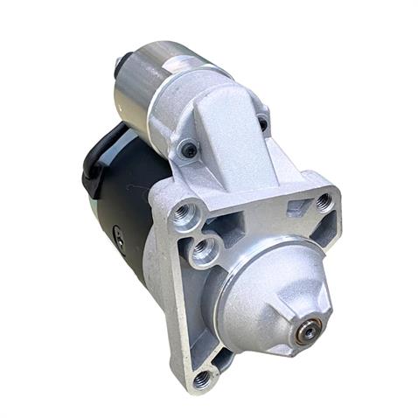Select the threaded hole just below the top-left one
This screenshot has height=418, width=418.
click(203, 250)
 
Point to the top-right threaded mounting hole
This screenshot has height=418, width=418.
click(323, 203)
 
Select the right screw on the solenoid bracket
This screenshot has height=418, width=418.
click(262, 123)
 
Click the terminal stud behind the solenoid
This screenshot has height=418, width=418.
click(118, 63)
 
